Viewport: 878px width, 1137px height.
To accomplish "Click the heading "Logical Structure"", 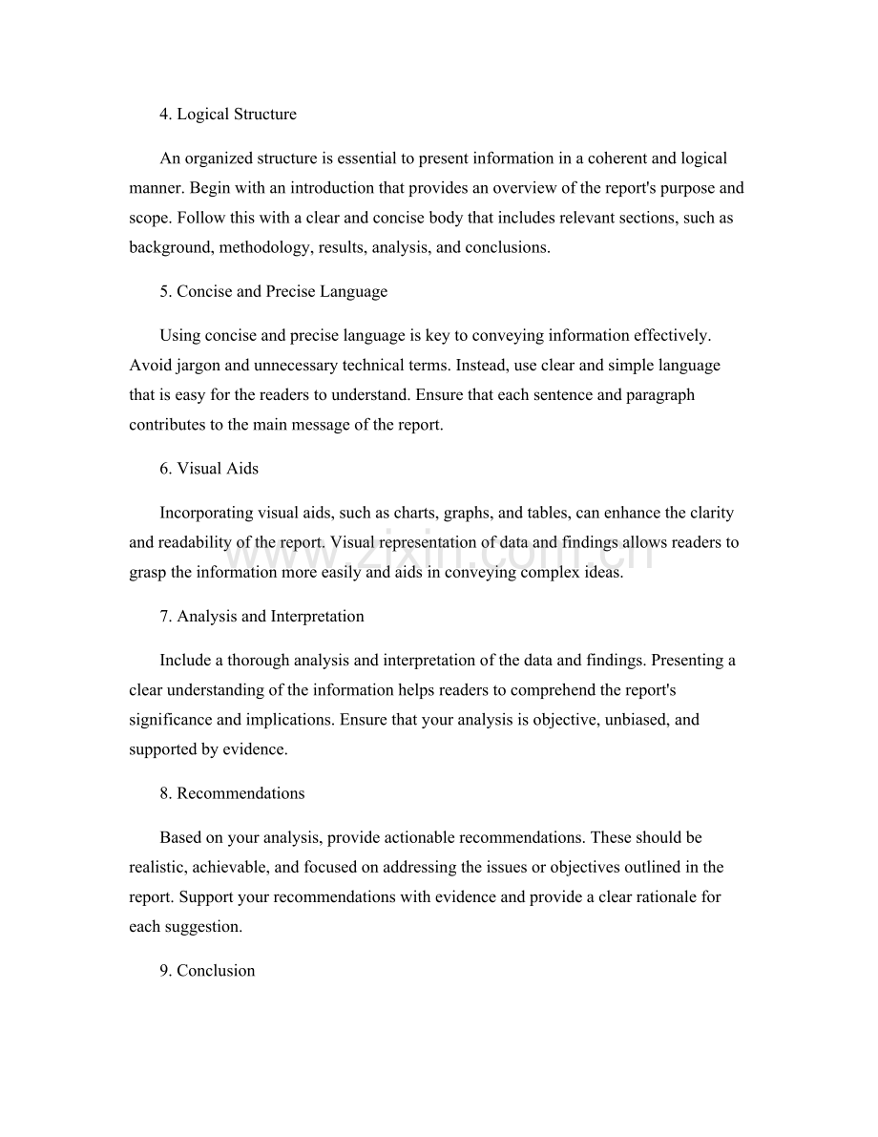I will point(237,115).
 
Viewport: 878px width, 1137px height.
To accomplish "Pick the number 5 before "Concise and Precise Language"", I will point(164,292).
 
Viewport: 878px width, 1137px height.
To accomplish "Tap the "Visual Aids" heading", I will point(218,469).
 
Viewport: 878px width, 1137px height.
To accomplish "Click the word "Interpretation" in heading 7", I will point(317,617).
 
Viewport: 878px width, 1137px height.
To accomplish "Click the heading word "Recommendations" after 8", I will point(240,794).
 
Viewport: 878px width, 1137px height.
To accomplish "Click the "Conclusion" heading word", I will point(216,971).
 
